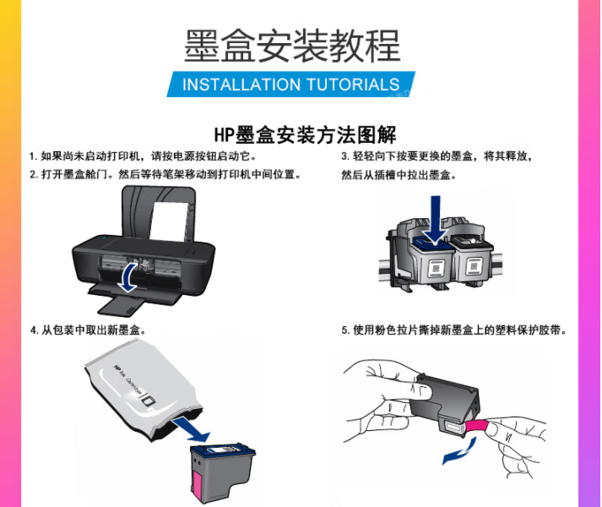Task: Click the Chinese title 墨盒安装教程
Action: tap(292, 46)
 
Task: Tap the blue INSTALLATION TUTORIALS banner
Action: tap(290, 84)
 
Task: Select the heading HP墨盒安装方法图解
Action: tap(305, 134)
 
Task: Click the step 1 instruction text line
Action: tap(143, 156)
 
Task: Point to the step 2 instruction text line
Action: tap(165, 175)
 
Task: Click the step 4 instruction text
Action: tap(89, 330)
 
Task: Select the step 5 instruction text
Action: tap(454, 330)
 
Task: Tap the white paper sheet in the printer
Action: tap(169, 221)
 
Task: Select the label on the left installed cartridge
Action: tap(436, 268)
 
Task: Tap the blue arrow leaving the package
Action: tap(191, 431)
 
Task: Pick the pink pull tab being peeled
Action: tap(476, 426)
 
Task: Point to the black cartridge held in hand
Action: tap(445, 403)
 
